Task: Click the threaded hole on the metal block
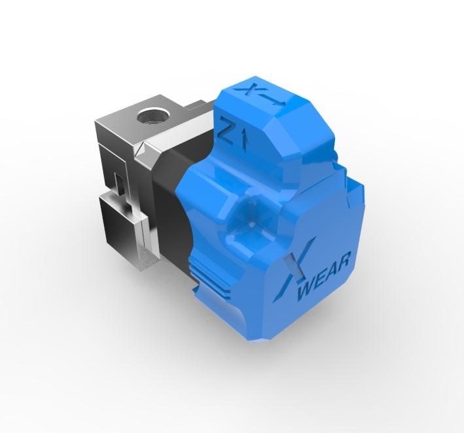tap(152, 118)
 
